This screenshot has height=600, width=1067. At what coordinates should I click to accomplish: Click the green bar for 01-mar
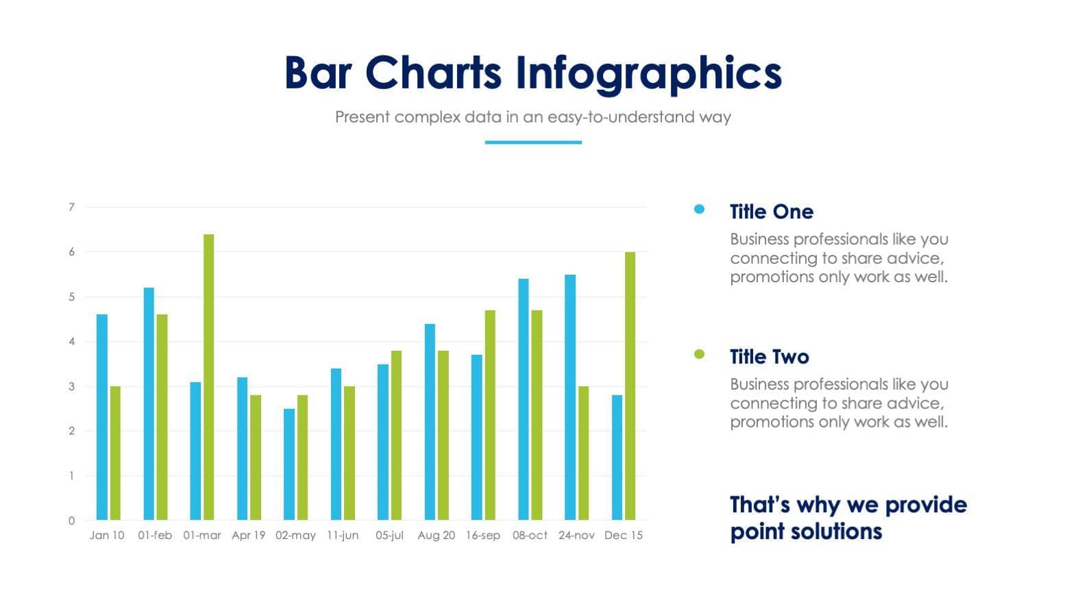click(208, 377)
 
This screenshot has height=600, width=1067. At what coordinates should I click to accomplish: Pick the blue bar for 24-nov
click(570, 397)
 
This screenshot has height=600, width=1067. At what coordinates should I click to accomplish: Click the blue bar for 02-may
click(289, 464)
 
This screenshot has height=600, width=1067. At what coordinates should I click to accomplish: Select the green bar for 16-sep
click(490, 414)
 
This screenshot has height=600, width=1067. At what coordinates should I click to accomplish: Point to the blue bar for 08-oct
click(523, 399)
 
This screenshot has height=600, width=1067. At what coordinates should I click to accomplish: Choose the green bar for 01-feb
click(162, 416)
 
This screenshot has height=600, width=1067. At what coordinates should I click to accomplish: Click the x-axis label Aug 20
click(436, 535)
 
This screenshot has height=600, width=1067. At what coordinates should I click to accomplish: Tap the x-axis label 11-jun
click(342, 535)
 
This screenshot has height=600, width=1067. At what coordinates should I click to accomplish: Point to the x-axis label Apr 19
click(248, 535)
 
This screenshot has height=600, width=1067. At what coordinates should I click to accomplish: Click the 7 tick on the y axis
click(71, 207)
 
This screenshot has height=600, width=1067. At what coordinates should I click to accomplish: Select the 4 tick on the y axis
click(71, 341)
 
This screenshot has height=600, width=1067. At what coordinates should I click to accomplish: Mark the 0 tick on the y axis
click(71, 521)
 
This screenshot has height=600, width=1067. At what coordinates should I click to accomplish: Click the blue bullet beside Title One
click(699, 210)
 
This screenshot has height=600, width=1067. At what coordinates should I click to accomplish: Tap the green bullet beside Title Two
click(699, 354)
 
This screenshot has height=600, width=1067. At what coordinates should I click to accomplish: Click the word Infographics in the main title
click(648, 73)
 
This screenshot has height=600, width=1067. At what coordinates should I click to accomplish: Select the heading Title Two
click(769, 357)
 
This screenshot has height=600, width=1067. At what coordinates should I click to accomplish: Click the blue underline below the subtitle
click(533, 142)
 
